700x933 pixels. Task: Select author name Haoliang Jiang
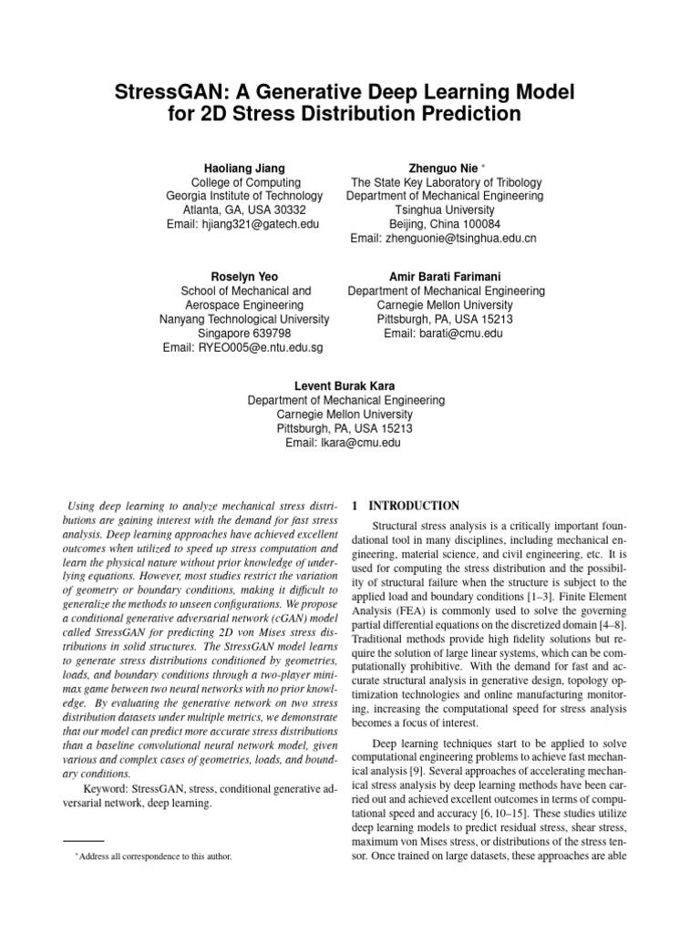[243, 169]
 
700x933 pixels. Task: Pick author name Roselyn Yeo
[243, 277]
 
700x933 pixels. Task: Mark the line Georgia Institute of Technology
[243, 196]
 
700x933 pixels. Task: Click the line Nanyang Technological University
[243, 320]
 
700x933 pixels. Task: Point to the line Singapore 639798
[243, 333]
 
